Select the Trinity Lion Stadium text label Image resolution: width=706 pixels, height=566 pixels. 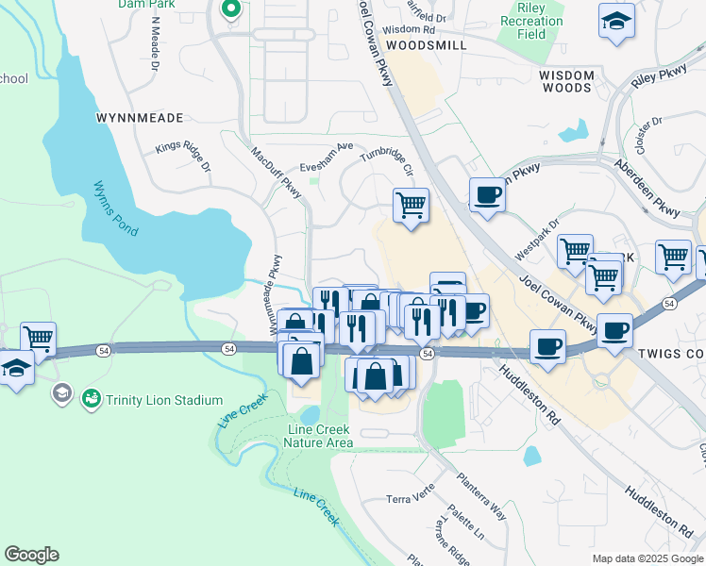pyautogui.click(x=164, y=400)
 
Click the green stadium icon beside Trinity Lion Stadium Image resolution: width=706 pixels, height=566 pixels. pyautogui.click(x=92, y=400)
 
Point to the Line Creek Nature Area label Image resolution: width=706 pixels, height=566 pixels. pyautogui.click(x=319, y=436)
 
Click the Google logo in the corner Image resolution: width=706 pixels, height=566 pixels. pyautogui.click(x=31, y=555)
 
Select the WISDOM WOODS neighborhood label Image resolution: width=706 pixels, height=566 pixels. pyautogui.click(x=566, y=81)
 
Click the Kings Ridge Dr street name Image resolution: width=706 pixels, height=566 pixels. pyautogui.click(x=183, y=157)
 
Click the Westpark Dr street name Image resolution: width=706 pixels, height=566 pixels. pyautogui.click(x=537, y=241)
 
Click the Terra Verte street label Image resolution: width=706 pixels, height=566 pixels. pyautogui.click(x=412, y=499)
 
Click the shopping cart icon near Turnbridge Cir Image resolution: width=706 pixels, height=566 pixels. pyautogui.click(x=411, y=204)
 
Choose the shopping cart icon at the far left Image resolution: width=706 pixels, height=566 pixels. pyautogui.click(x=38, y=338)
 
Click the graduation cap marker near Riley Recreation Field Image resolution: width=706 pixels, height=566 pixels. pyautogui.click(x=616, y=21)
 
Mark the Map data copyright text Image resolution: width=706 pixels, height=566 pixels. pyautogui.click(x=647, y=558)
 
